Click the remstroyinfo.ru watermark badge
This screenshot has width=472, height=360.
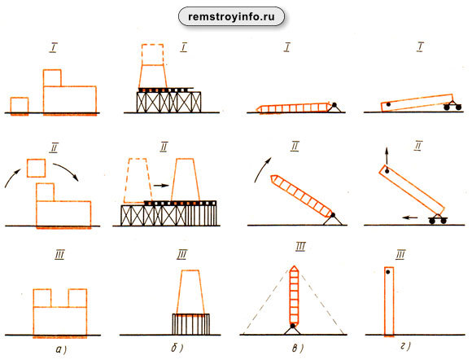click(231, 16)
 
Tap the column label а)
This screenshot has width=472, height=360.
click(61, 349)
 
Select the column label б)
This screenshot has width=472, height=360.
click(177, 349)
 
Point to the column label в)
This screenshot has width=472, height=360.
click(297, 349)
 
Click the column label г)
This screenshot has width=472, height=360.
click(405, 346)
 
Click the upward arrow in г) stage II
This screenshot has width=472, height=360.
click(387, 156)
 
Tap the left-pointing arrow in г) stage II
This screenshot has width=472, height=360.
click(411, 217)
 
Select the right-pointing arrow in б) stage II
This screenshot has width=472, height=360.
click(161, 186)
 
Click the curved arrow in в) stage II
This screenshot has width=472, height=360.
click(262, 169)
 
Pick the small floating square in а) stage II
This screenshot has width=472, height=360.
click(36, 168)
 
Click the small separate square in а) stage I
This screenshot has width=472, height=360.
click(20, 105)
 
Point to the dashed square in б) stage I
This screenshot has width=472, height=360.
click(153, 55)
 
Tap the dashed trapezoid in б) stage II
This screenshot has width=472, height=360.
click(138, 180)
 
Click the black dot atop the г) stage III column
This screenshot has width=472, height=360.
click(388, 272)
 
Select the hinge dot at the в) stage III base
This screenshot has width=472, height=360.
click(292, 326)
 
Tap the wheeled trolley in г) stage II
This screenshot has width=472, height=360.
click(438, 219)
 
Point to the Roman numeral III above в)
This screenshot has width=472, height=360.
click(300, 247)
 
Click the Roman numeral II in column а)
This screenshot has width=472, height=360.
click(54, 148)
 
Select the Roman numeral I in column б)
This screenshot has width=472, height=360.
click(184, 47)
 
